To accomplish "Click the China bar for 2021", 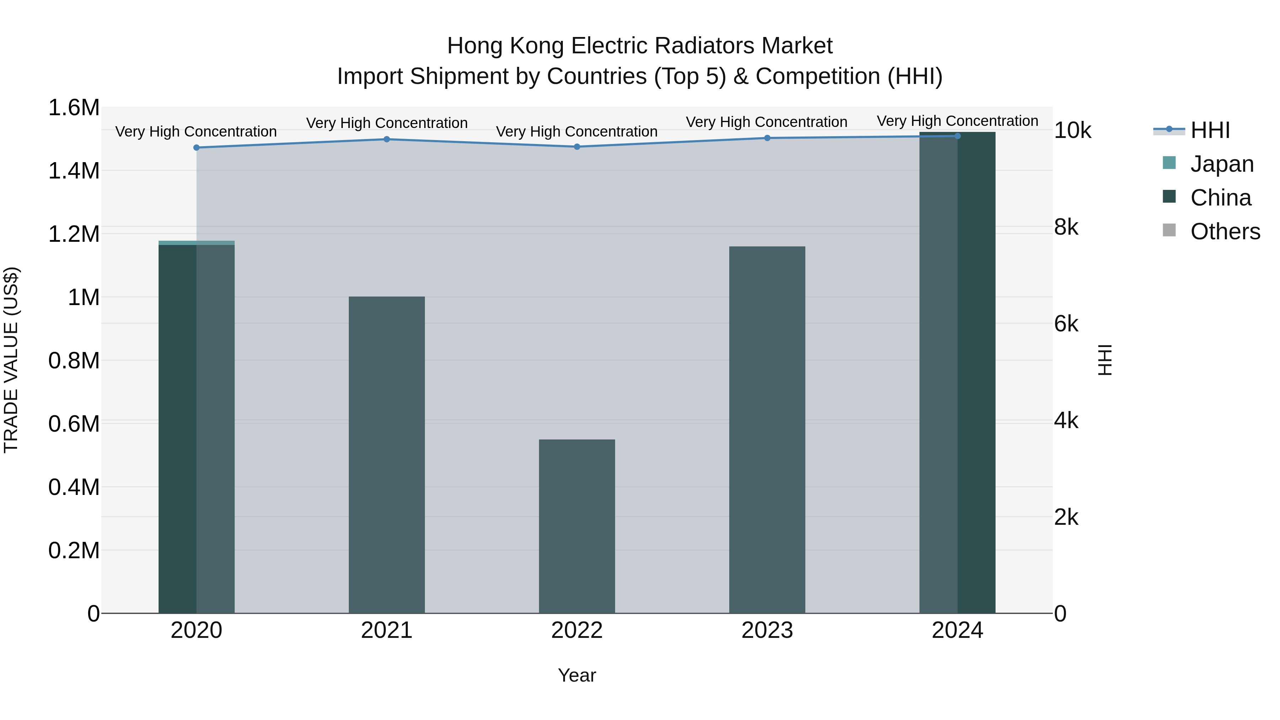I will coord(386,455).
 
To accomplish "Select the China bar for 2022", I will coord(577,526).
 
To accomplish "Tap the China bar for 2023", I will coord(767,430).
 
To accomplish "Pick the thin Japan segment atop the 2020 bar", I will coord(196,243).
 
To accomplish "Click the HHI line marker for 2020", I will coord(196,148).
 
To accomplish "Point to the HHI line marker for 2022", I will coord(577,146).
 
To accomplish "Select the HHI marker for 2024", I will coord(958,136).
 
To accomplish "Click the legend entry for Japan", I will coord(1221,164).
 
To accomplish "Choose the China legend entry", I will coord(1220,198).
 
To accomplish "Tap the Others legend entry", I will coord(1225,231).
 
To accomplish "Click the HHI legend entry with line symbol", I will coord(1210,130).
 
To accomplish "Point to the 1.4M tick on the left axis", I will coord(74,171).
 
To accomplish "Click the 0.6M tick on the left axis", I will coord(74,424).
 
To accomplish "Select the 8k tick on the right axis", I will coord(1066,227).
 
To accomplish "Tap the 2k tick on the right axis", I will coord(1066,517).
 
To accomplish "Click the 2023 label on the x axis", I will coord(767,630).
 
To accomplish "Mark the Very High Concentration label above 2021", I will coord(386,123).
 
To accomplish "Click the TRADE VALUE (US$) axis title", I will coord(11,360).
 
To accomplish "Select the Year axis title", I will coord(576,675).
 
